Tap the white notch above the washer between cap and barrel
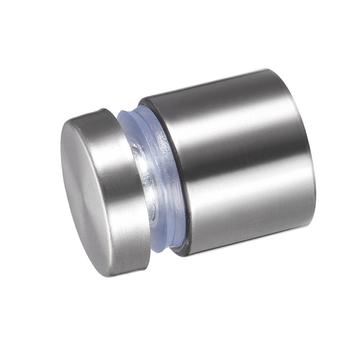(x=128, y=105)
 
